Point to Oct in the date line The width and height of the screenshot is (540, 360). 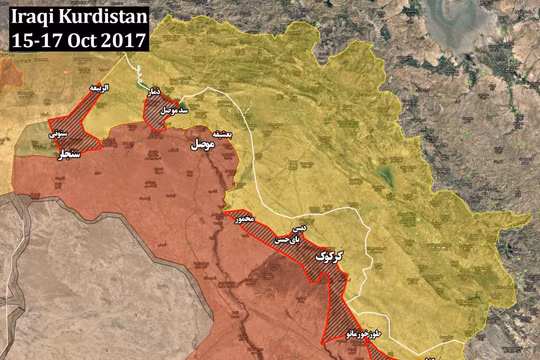pyautogui.click(x=86, y=40)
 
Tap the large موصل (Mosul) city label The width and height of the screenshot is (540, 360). pyautogui.click(x=202, y=146)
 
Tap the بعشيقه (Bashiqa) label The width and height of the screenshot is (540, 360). pyautogui.click(x=219, y=132)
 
